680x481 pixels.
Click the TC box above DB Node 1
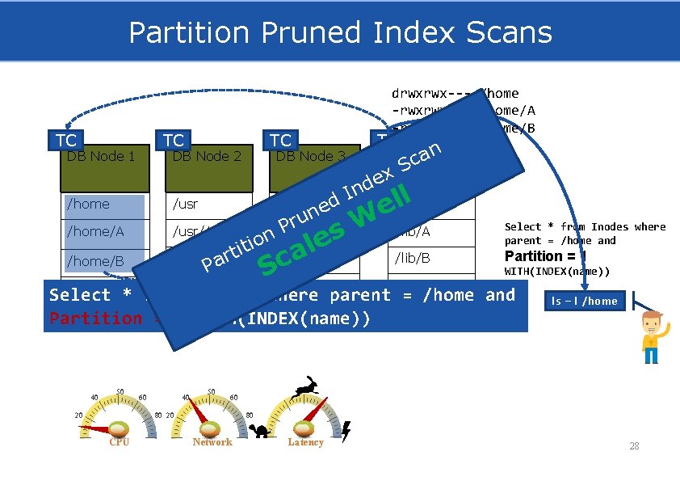(65, 141)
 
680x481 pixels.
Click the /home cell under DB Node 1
(104, 205)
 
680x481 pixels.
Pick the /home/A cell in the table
(104, 232)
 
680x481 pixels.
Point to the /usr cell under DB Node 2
(208, 205)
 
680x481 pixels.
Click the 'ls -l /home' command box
(584, 301)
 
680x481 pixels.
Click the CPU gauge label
(119, 442)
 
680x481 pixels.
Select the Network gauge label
(212, 442)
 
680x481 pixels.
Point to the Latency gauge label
(305, 442)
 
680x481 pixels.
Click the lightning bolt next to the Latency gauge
(346, 432)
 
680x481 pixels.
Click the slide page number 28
(634, 446)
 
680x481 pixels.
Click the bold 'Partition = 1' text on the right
(544, 256)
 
